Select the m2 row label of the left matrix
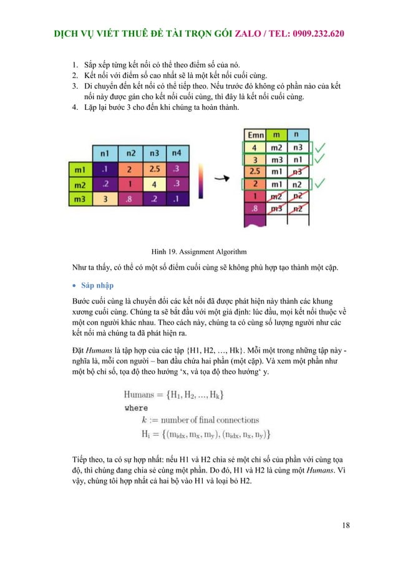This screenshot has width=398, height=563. (80, 185)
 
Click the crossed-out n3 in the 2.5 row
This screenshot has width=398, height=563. (299, 171)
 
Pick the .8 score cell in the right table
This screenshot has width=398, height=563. (254, 208)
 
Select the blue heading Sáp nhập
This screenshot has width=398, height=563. (97, 285)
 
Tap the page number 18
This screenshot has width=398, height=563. (346, 525)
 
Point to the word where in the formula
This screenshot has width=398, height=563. (136, 408)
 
